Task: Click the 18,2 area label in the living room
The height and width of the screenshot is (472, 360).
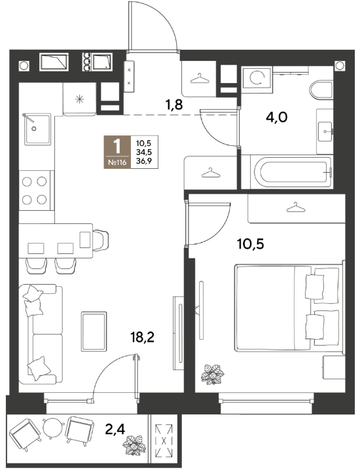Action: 143,337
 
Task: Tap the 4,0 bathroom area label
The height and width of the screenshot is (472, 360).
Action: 277,117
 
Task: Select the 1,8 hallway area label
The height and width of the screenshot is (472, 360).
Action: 174,105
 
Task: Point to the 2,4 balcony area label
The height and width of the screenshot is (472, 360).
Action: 115,429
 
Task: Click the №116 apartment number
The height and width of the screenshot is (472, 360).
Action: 117,163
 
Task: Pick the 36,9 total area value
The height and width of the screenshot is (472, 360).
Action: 143,161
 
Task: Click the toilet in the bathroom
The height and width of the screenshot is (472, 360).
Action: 321,90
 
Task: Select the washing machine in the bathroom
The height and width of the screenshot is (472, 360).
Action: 257,78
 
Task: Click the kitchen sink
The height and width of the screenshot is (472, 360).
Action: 37,129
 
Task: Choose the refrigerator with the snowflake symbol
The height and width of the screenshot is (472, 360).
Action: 79,99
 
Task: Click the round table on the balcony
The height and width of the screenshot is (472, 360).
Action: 54,428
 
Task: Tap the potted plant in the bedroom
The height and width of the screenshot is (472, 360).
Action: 213,374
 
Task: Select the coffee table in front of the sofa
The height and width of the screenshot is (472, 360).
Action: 94,331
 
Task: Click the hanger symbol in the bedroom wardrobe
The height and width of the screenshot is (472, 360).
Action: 296,208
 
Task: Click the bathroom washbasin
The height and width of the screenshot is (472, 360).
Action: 325,132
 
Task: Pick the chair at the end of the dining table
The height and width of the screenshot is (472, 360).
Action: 101,240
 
